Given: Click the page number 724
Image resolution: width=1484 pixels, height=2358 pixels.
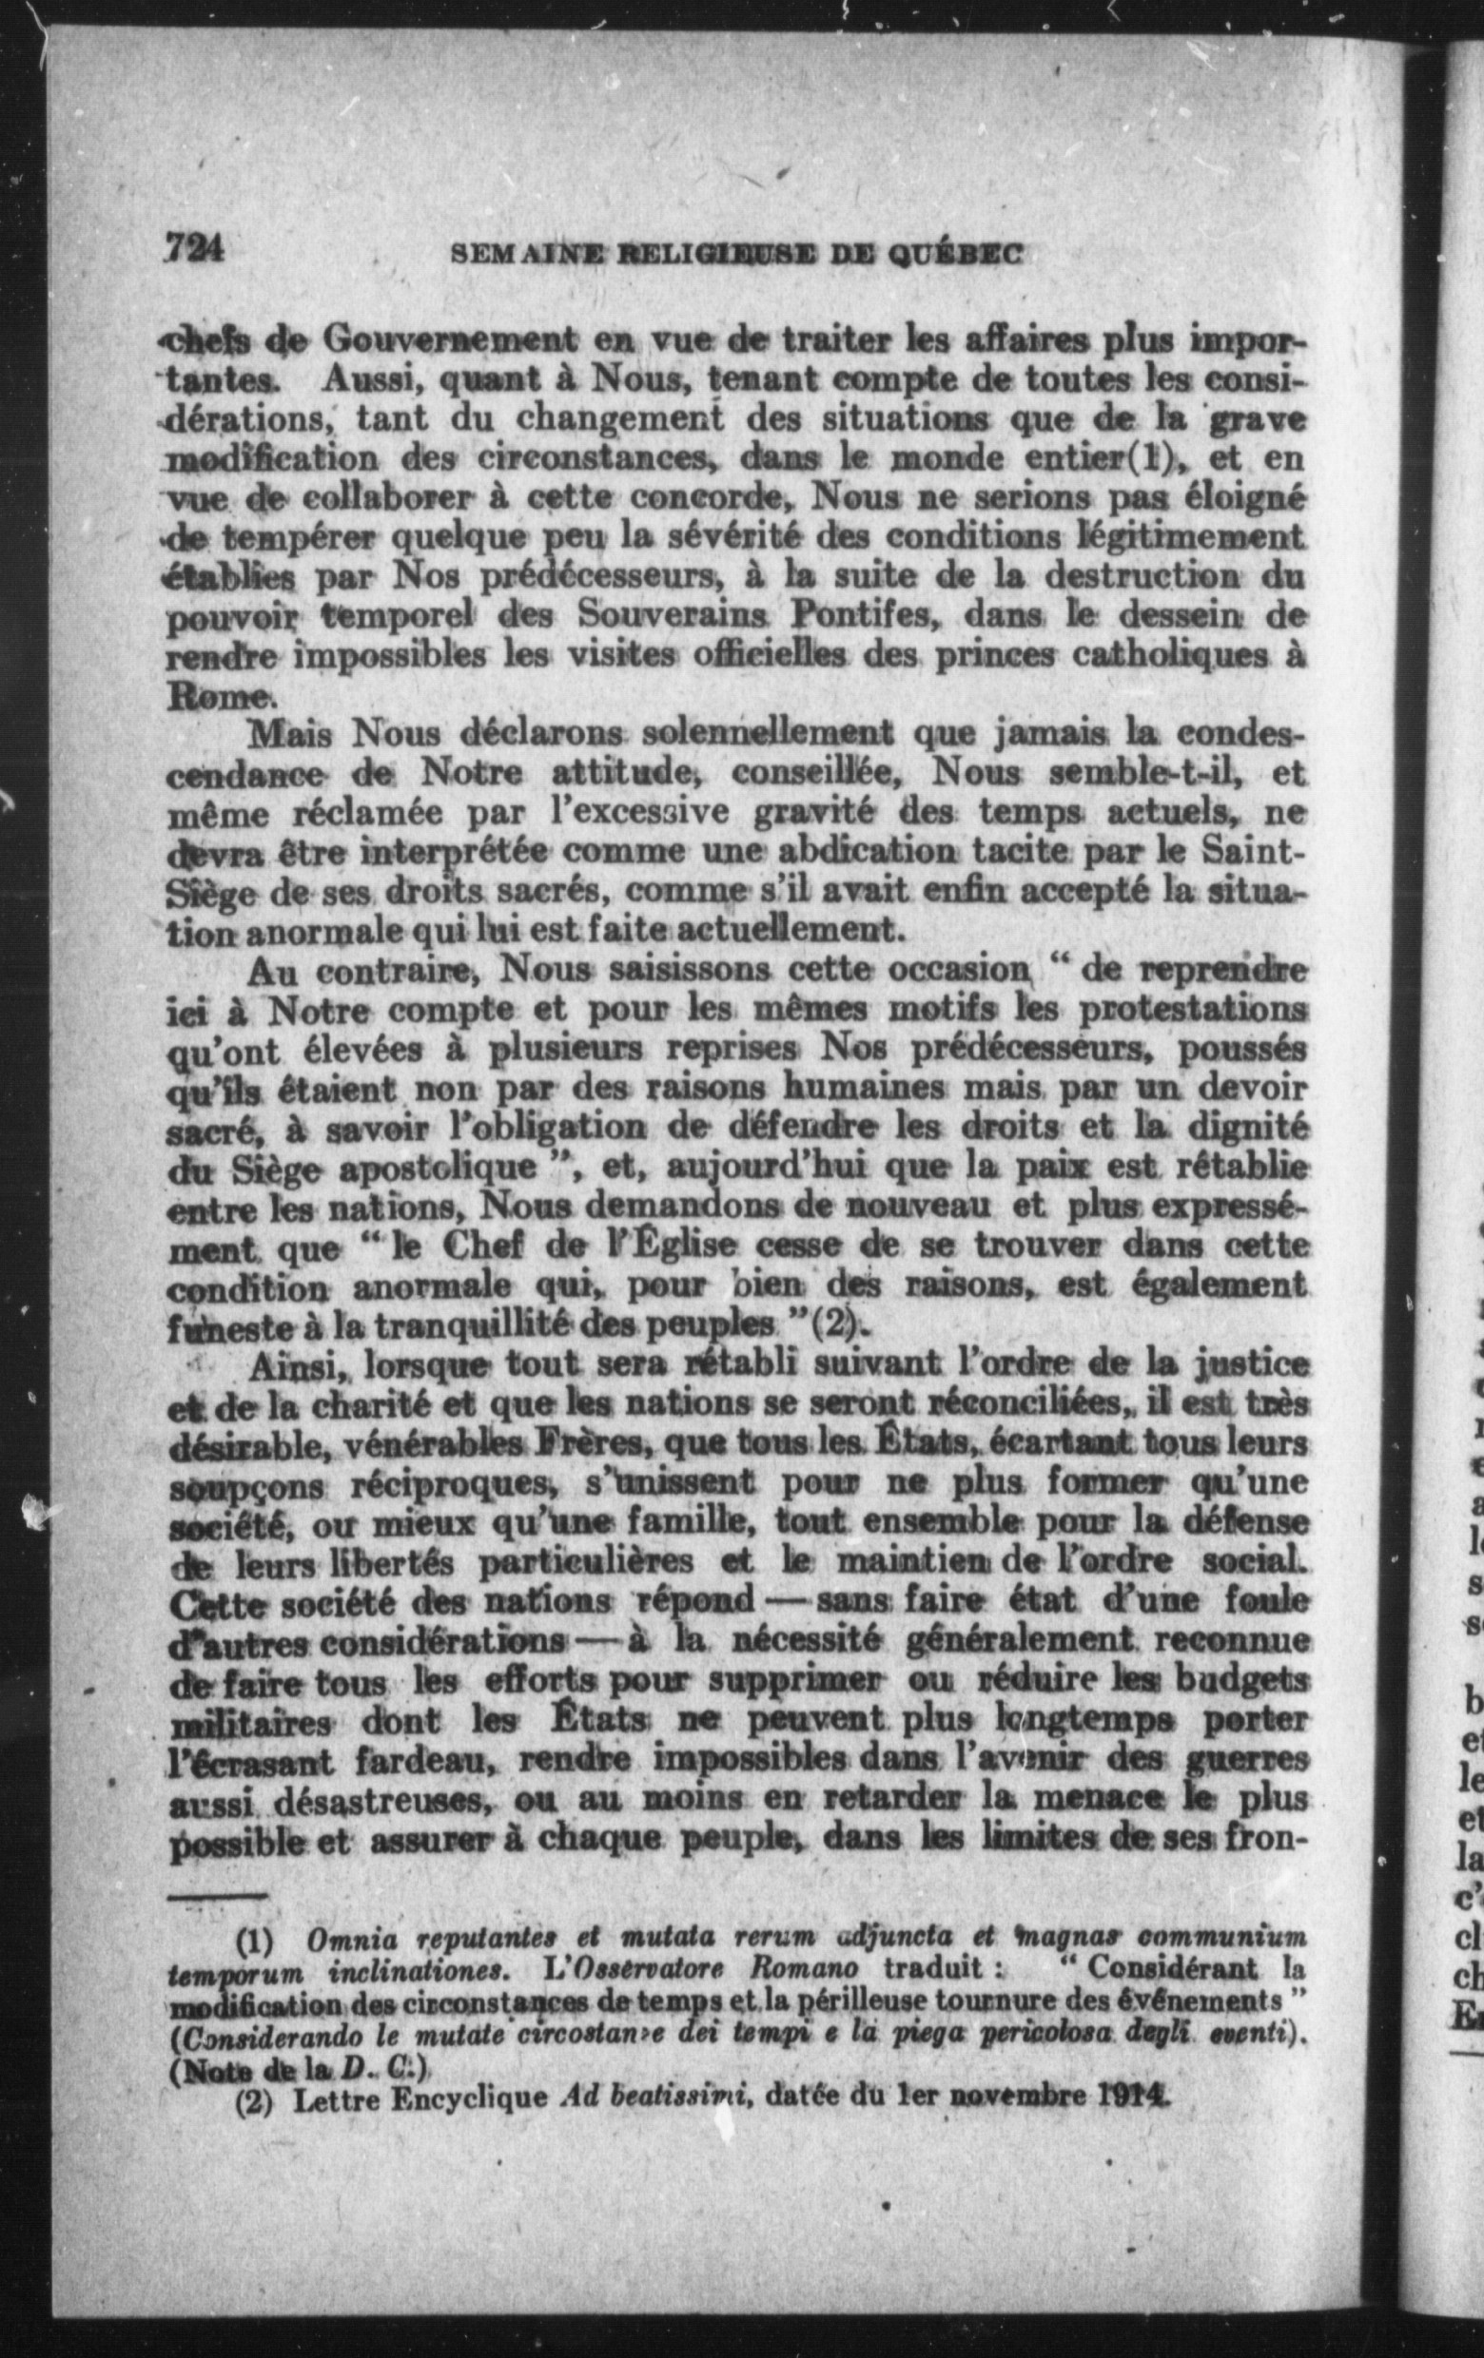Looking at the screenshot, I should coord(194,248).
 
